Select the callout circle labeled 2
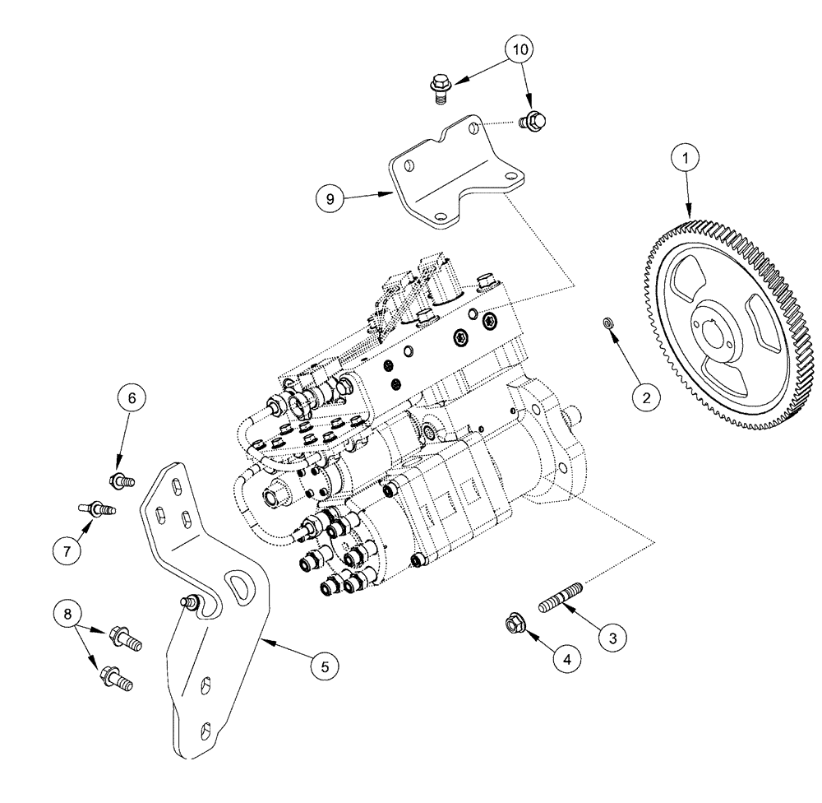tap(646, 397)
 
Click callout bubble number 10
tap(520, 49)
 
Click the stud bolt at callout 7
tap(97, 508)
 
